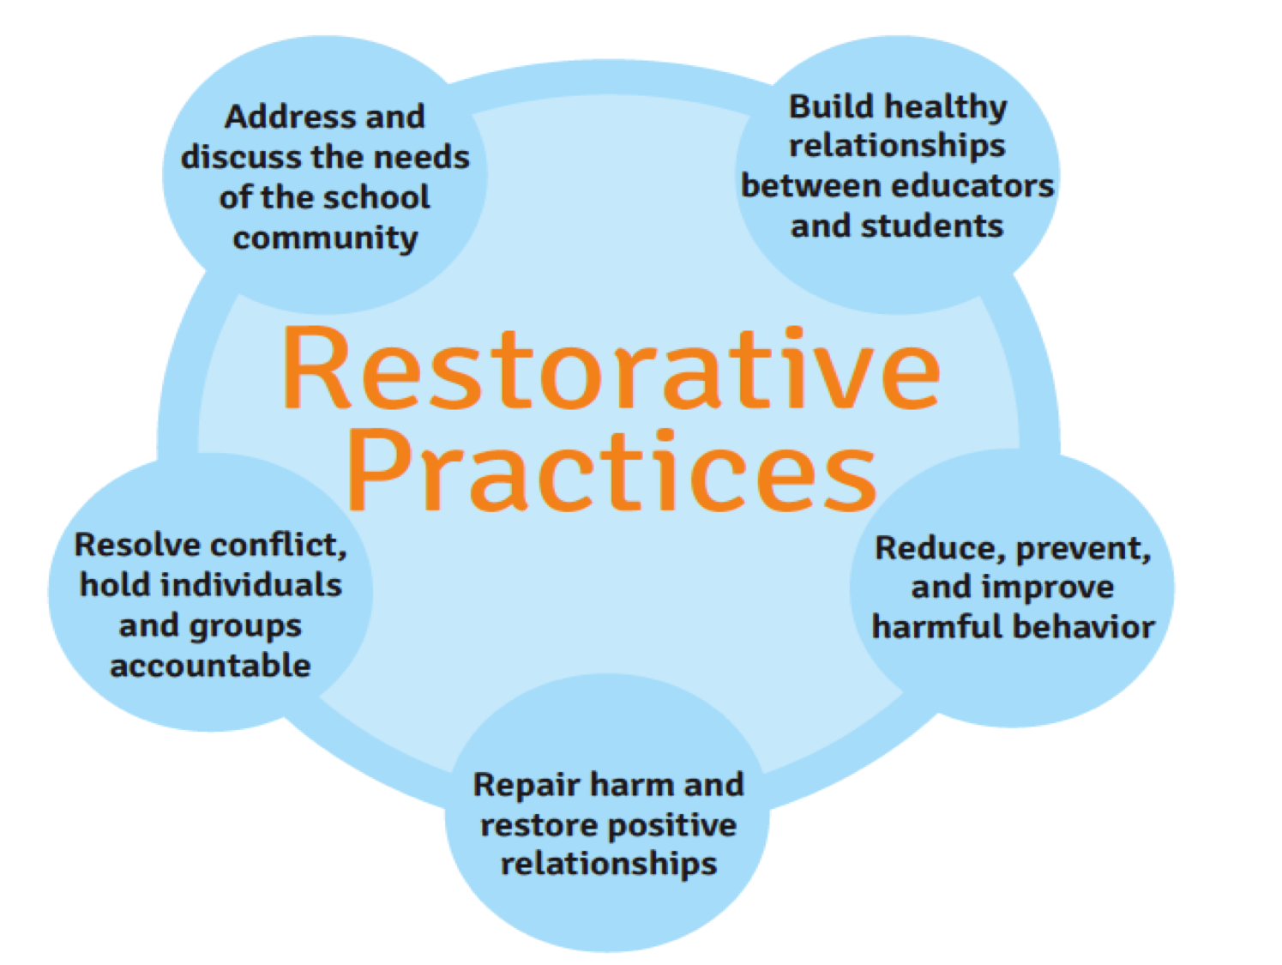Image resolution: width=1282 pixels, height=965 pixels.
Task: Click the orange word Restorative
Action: point(611,368)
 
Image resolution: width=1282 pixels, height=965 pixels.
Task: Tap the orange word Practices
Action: point(611,470)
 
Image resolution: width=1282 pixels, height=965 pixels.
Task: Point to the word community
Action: point(325,238)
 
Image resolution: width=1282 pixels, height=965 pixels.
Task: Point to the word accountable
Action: point(210,666)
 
